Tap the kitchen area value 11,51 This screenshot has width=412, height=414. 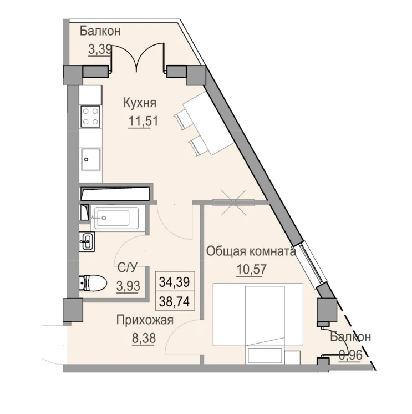(140, 121)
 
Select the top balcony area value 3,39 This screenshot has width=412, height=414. (100, 49)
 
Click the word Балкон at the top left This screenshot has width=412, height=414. (100, 31)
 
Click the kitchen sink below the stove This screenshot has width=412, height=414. (90, 158)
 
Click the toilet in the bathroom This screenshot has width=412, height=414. (92, 283)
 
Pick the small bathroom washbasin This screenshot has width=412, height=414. (87, 241)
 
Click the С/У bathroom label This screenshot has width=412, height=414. (127, 269)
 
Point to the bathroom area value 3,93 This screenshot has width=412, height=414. (127, 286)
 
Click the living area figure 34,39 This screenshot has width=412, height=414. (174, 281)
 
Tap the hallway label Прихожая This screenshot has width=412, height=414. (145, 320)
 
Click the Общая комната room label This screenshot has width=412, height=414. (250, 251)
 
